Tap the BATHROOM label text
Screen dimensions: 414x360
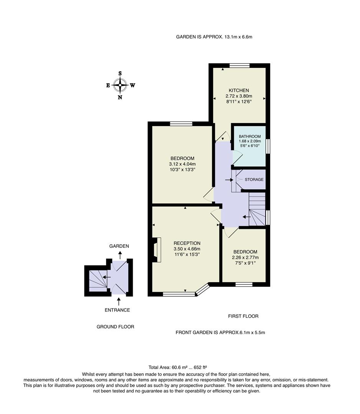250,136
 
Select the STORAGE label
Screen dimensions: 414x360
254,179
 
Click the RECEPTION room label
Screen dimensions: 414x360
187,243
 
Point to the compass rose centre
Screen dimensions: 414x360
120,85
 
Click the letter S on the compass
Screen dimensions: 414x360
120,74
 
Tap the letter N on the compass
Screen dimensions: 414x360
120,97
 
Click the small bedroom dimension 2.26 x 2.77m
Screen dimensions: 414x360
245,257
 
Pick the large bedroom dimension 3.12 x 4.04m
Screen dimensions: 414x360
182,164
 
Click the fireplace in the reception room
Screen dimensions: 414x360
156,250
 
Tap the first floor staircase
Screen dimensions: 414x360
257,209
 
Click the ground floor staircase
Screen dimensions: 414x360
98,281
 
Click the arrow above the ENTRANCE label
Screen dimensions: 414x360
118,302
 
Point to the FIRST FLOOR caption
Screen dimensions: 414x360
243,316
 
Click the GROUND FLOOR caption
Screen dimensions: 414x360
115,327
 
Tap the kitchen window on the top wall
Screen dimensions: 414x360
239,65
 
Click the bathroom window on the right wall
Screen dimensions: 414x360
268,146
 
